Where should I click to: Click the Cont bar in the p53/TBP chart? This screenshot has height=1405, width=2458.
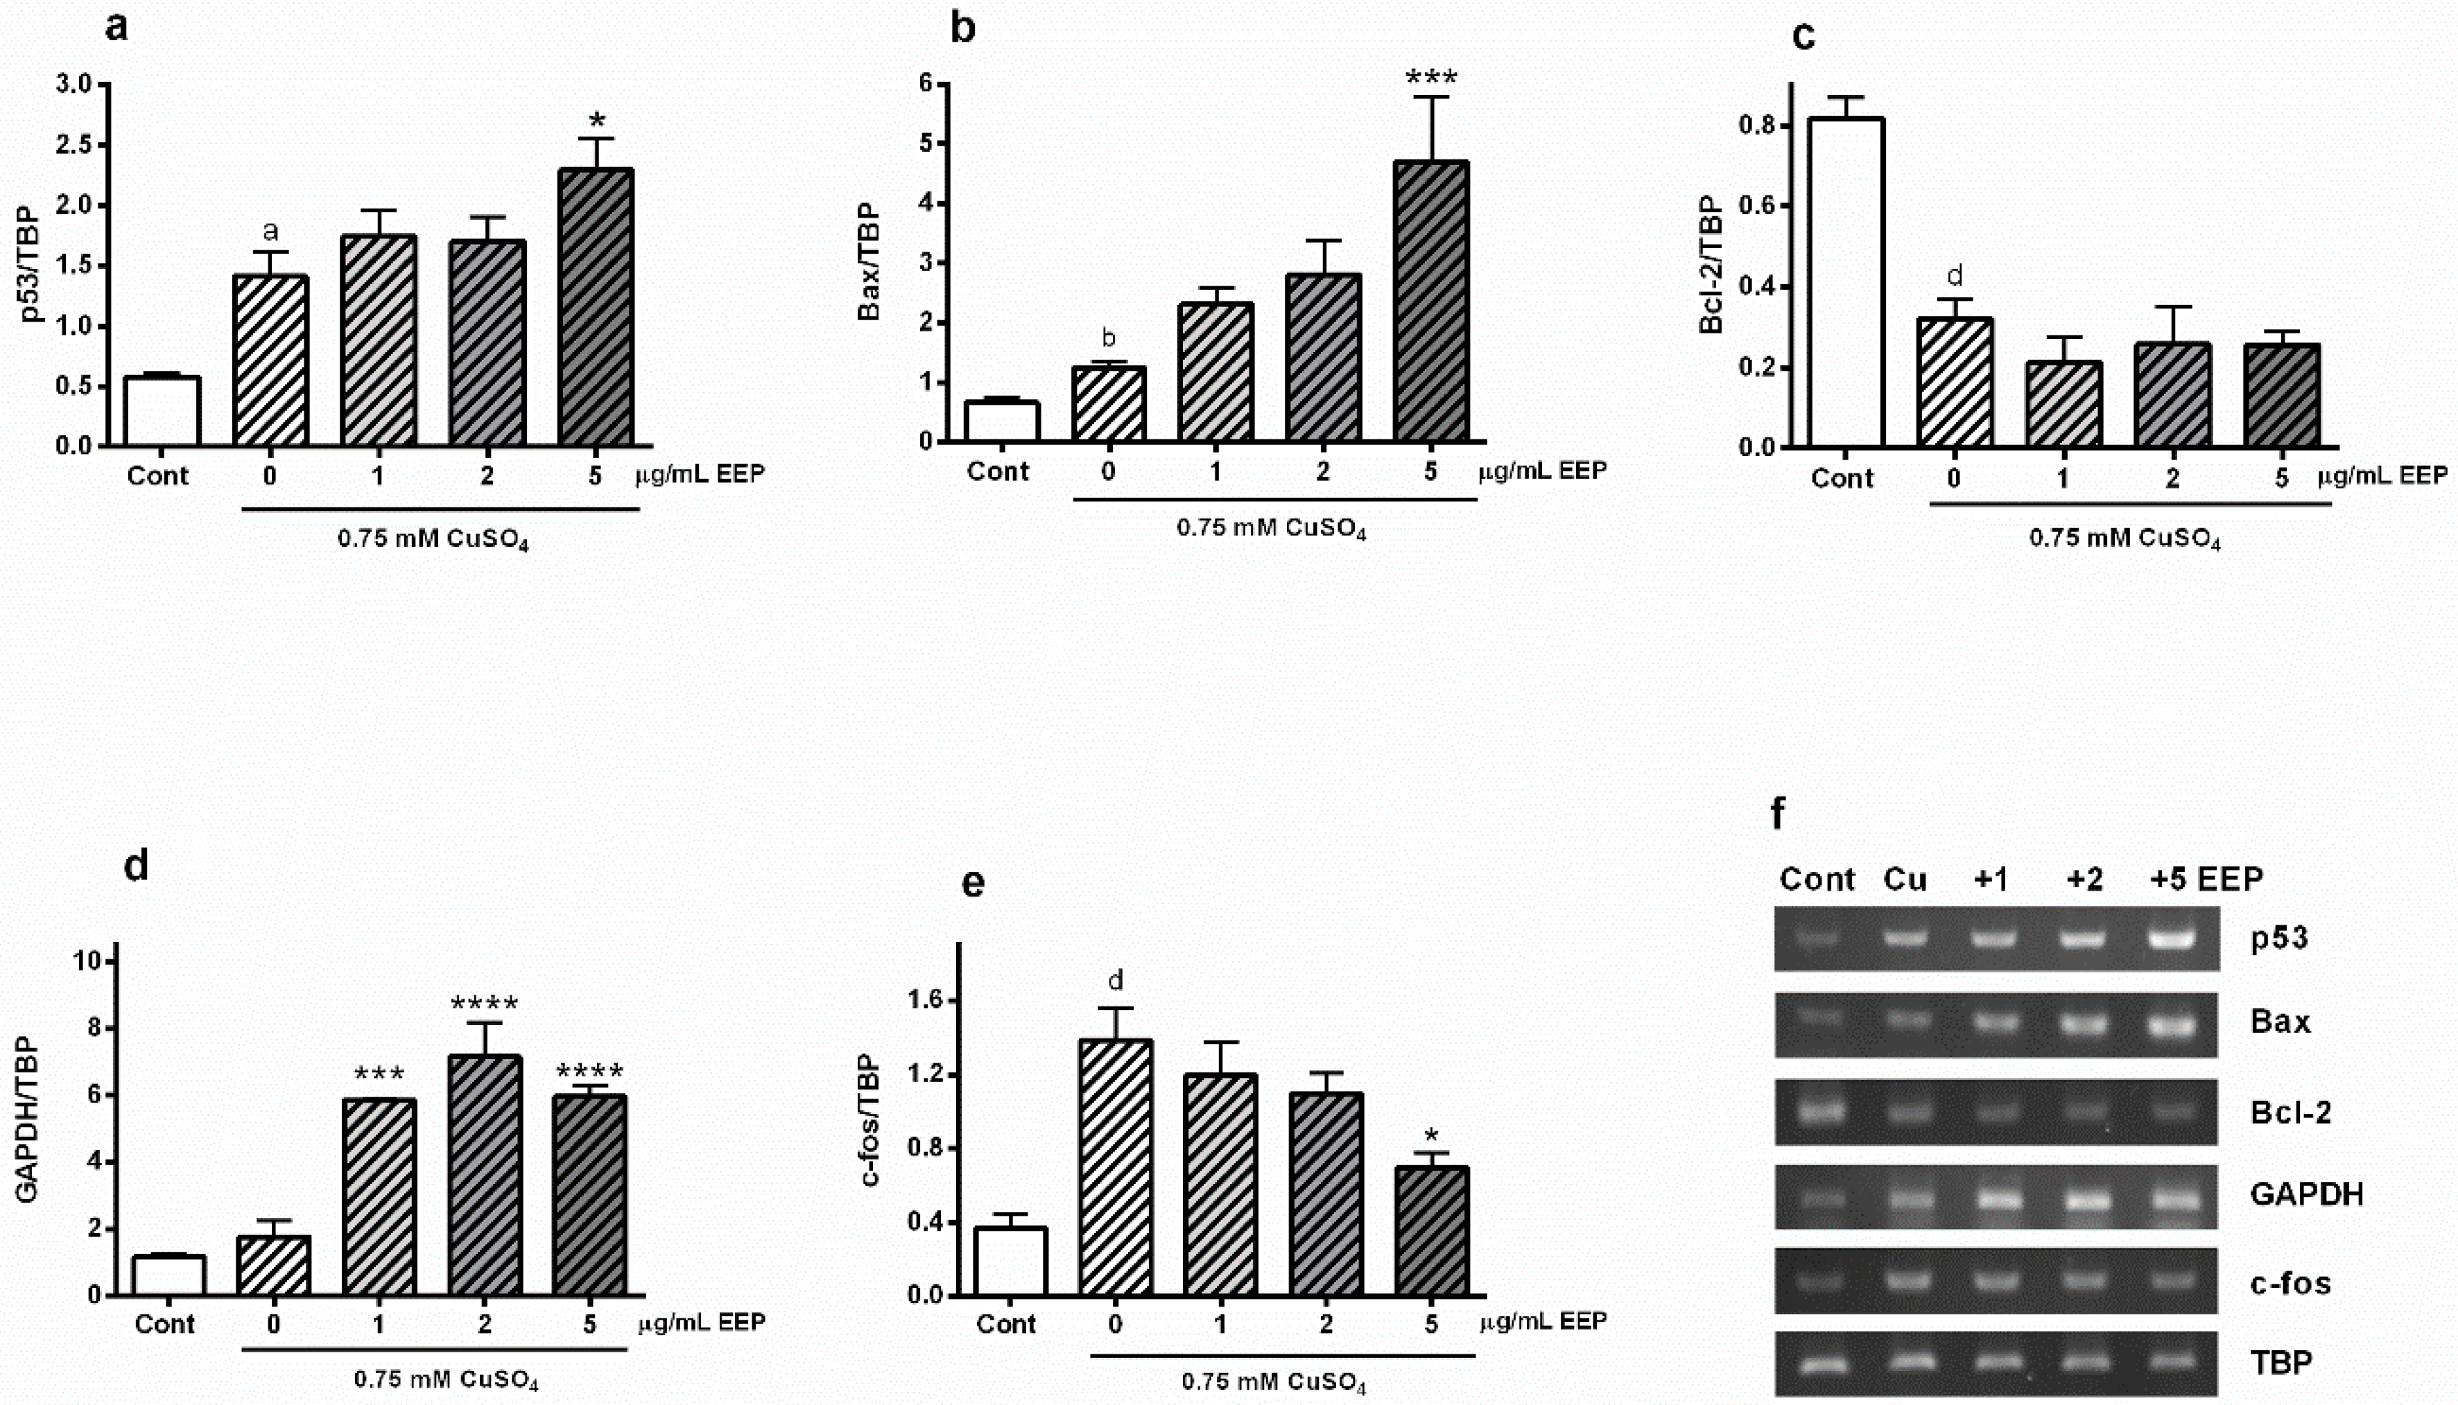point(162,411)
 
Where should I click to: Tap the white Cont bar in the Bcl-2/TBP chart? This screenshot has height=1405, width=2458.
point(1845,283)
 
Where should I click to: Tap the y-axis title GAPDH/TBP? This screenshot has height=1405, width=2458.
point(27,1119)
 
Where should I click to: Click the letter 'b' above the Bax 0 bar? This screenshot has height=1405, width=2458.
point(1109,338)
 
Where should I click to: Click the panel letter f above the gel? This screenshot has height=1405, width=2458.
point(1778,814)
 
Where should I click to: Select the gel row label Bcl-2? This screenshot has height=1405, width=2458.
point(2290,1112)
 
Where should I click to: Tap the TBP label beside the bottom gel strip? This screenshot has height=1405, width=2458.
point(2280,1363)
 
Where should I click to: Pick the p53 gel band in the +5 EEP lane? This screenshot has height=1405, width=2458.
point(2170,938)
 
